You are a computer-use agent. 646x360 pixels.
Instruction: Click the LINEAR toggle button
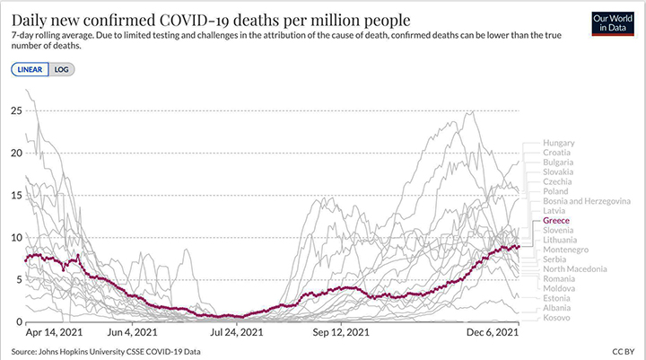(x=30, y=68)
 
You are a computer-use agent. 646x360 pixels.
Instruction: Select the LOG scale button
(x=61, y=68)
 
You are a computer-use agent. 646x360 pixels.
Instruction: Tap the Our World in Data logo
(x=613, y=23)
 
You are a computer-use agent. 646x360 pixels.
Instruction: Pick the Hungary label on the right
(x=558, y=143)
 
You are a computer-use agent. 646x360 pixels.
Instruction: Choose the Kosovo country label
(x=556, y=318)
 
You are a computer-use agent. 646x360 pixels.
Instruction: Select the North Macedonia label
(x=574, y=268)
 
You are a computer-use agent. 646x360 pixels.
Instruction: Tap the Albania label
(x=557, y=308)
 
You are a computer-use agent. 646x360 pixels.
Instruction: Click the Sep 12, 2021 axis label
(x=341, y=331)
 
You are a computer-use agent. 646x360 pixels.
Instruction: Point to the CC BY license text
(x=624, y=351)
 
